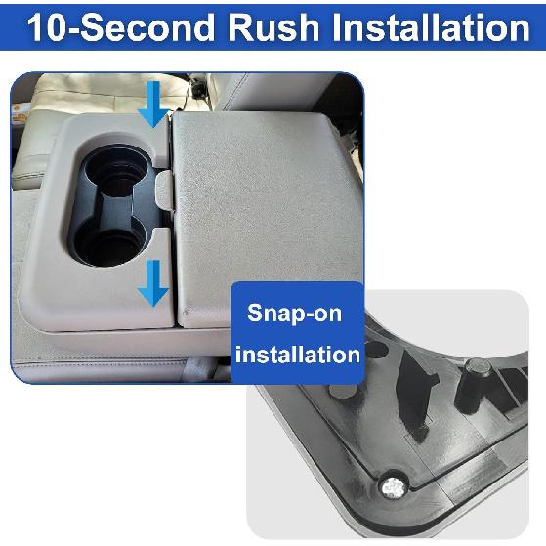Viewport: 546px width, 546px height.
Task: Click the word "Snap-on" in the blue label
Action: point(296,313)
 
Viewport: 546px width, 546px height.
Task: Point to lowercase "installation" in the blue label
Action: point(297,354)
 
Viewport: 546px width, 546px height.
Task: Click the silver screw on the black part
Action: point(393,486)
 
